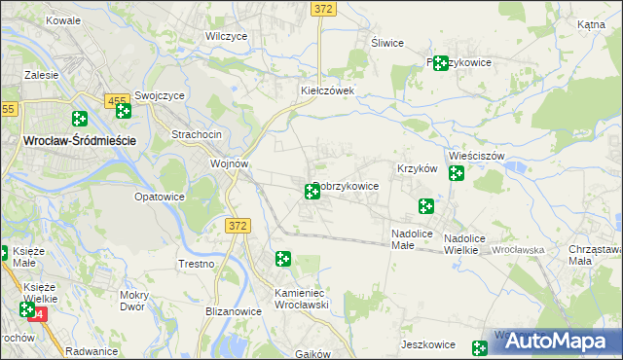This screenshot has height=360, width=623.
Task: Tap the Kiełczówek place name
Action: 326,90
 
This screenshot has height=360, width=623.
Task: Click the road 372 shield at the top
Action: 324,8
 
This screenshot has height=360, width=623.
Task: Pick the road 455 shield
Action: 118,100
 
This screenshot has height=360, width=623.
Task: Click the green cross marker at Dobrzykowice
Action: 312,191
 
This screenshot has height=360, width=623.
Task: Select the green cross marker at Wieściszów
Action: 456,173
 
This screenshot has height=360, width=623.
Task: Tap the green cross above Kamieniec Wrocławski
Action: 282,259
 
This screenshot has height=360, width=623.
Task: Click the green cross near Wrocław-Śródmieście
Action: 80,120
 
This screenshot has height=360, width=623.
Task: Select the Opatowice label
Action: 159,197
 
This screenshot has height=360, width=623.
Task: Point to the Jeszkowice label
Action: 428,344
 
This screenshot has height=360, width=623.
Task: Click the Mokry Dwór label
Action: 132,300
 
